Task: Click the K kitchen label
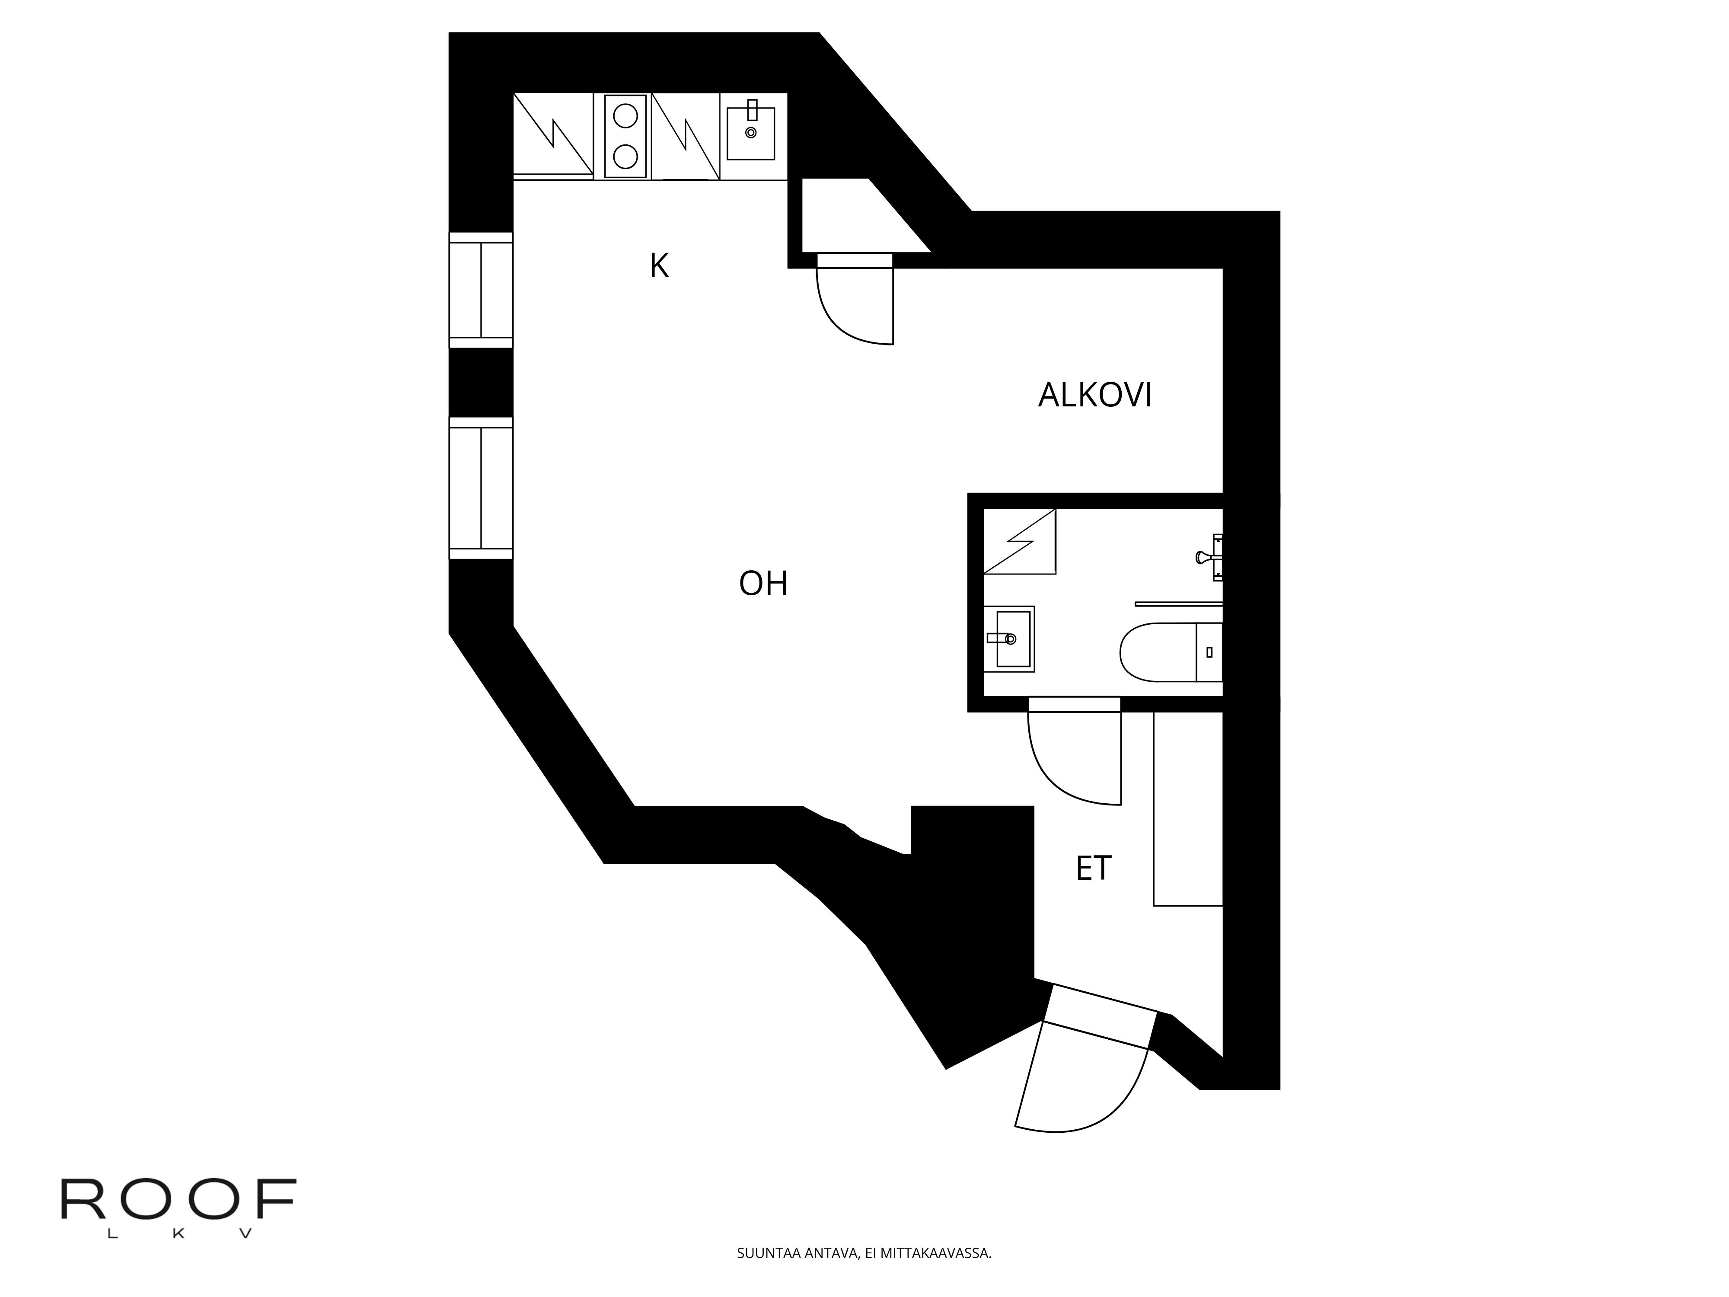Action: click(659, 266)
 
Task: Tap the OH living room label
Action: click(763, 583)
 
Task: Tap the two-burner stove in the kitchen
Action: click(625, 137)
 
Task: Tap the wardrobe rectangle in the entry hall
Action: click(1187, 809)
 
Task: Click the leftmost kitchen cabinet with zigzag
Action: click(552, 134)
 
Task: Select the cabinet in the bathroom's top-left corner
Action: click(1019, 542)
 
